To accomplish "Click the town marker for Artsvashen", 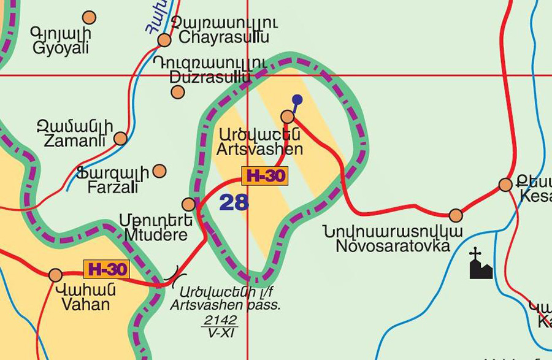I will (287, 117).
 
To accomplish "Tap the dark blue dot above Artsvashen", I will (297, 99).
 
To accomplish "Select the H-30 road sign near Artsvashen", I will (265, 176).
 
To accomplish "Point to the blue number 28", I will (234, 202).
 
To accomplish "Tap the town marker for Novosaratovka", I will (456, 215).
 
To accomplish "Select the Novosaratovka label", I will (393, 239).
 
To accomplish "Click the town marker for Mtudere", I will (189, 204).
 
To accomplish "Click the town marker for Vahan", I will (55, 275).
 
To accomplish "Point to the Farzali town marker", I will (159, 170).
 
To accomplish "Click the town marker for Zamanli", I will (120, 138).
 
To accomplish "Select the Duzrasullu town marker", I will (178, 92).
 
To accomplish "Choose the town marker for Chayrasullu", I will (164, 40).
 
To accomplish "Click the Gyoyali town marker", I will (89, 17).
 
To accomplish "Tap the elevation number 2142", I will (220, 320).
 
